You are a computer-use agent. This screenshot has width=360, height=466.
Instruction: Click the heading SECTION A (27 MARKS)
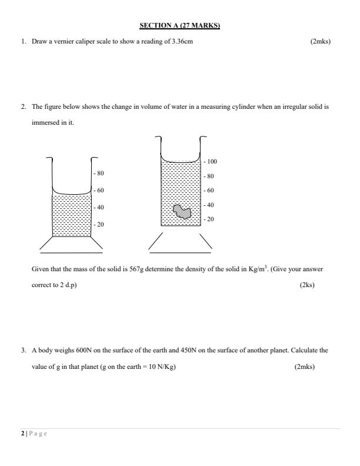click(179, 25)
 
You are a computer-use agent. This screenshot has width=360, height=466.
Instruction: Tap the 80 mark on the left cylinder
click(100, 174)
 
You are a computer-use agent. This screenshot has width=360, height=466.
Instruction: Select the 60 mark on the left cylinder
click(100, 191)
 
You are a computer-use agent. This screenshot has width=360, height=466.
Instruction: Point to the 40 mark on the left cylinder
click(100, 208)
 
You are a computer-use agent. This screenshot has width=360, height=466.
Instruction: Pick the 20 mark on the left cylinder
click(100, 225)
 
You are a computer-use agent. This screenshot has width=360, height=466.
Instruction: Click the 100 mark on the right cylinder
click(212, 161)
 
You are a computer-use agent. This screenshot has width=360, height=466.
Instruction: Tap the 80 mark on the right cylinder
click(210, 176)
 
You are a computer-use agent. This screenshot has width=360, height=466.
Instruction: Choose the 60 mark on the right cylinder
click(210, 191)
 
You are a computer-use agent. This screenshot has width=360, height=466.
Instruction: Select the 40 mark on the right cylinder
click(210, 205)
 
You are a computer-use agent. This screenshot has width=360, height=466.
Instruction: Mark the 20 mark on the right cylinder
click(210, 219)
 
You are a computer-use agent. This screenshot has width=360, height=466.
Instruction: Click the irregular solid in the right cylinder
click(183, 212)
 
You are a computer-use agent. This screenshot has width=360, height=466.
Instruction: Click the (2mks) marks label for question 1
click(320, 42)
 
